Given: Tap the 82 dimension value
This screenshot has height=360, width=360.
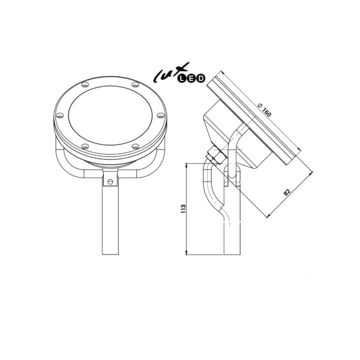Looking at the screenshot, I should pyautogui.click(x=287, y=192).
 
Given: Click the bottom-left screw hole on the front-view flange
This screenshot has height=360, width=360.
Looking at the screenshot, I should pyautogui.click(x=84, y=146).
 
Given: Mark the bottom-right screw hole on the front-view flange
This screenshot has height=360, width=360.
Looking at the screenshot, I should pyautogui.click(x=135, y=146).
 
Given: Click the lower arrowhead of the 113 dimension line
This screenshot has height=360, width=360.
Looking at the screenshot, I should pyautogui.click(x=189, y=254).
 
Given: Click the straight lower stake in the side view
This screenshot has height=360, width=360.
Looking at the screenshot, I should pyautogui.click(x=232, y=237).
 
